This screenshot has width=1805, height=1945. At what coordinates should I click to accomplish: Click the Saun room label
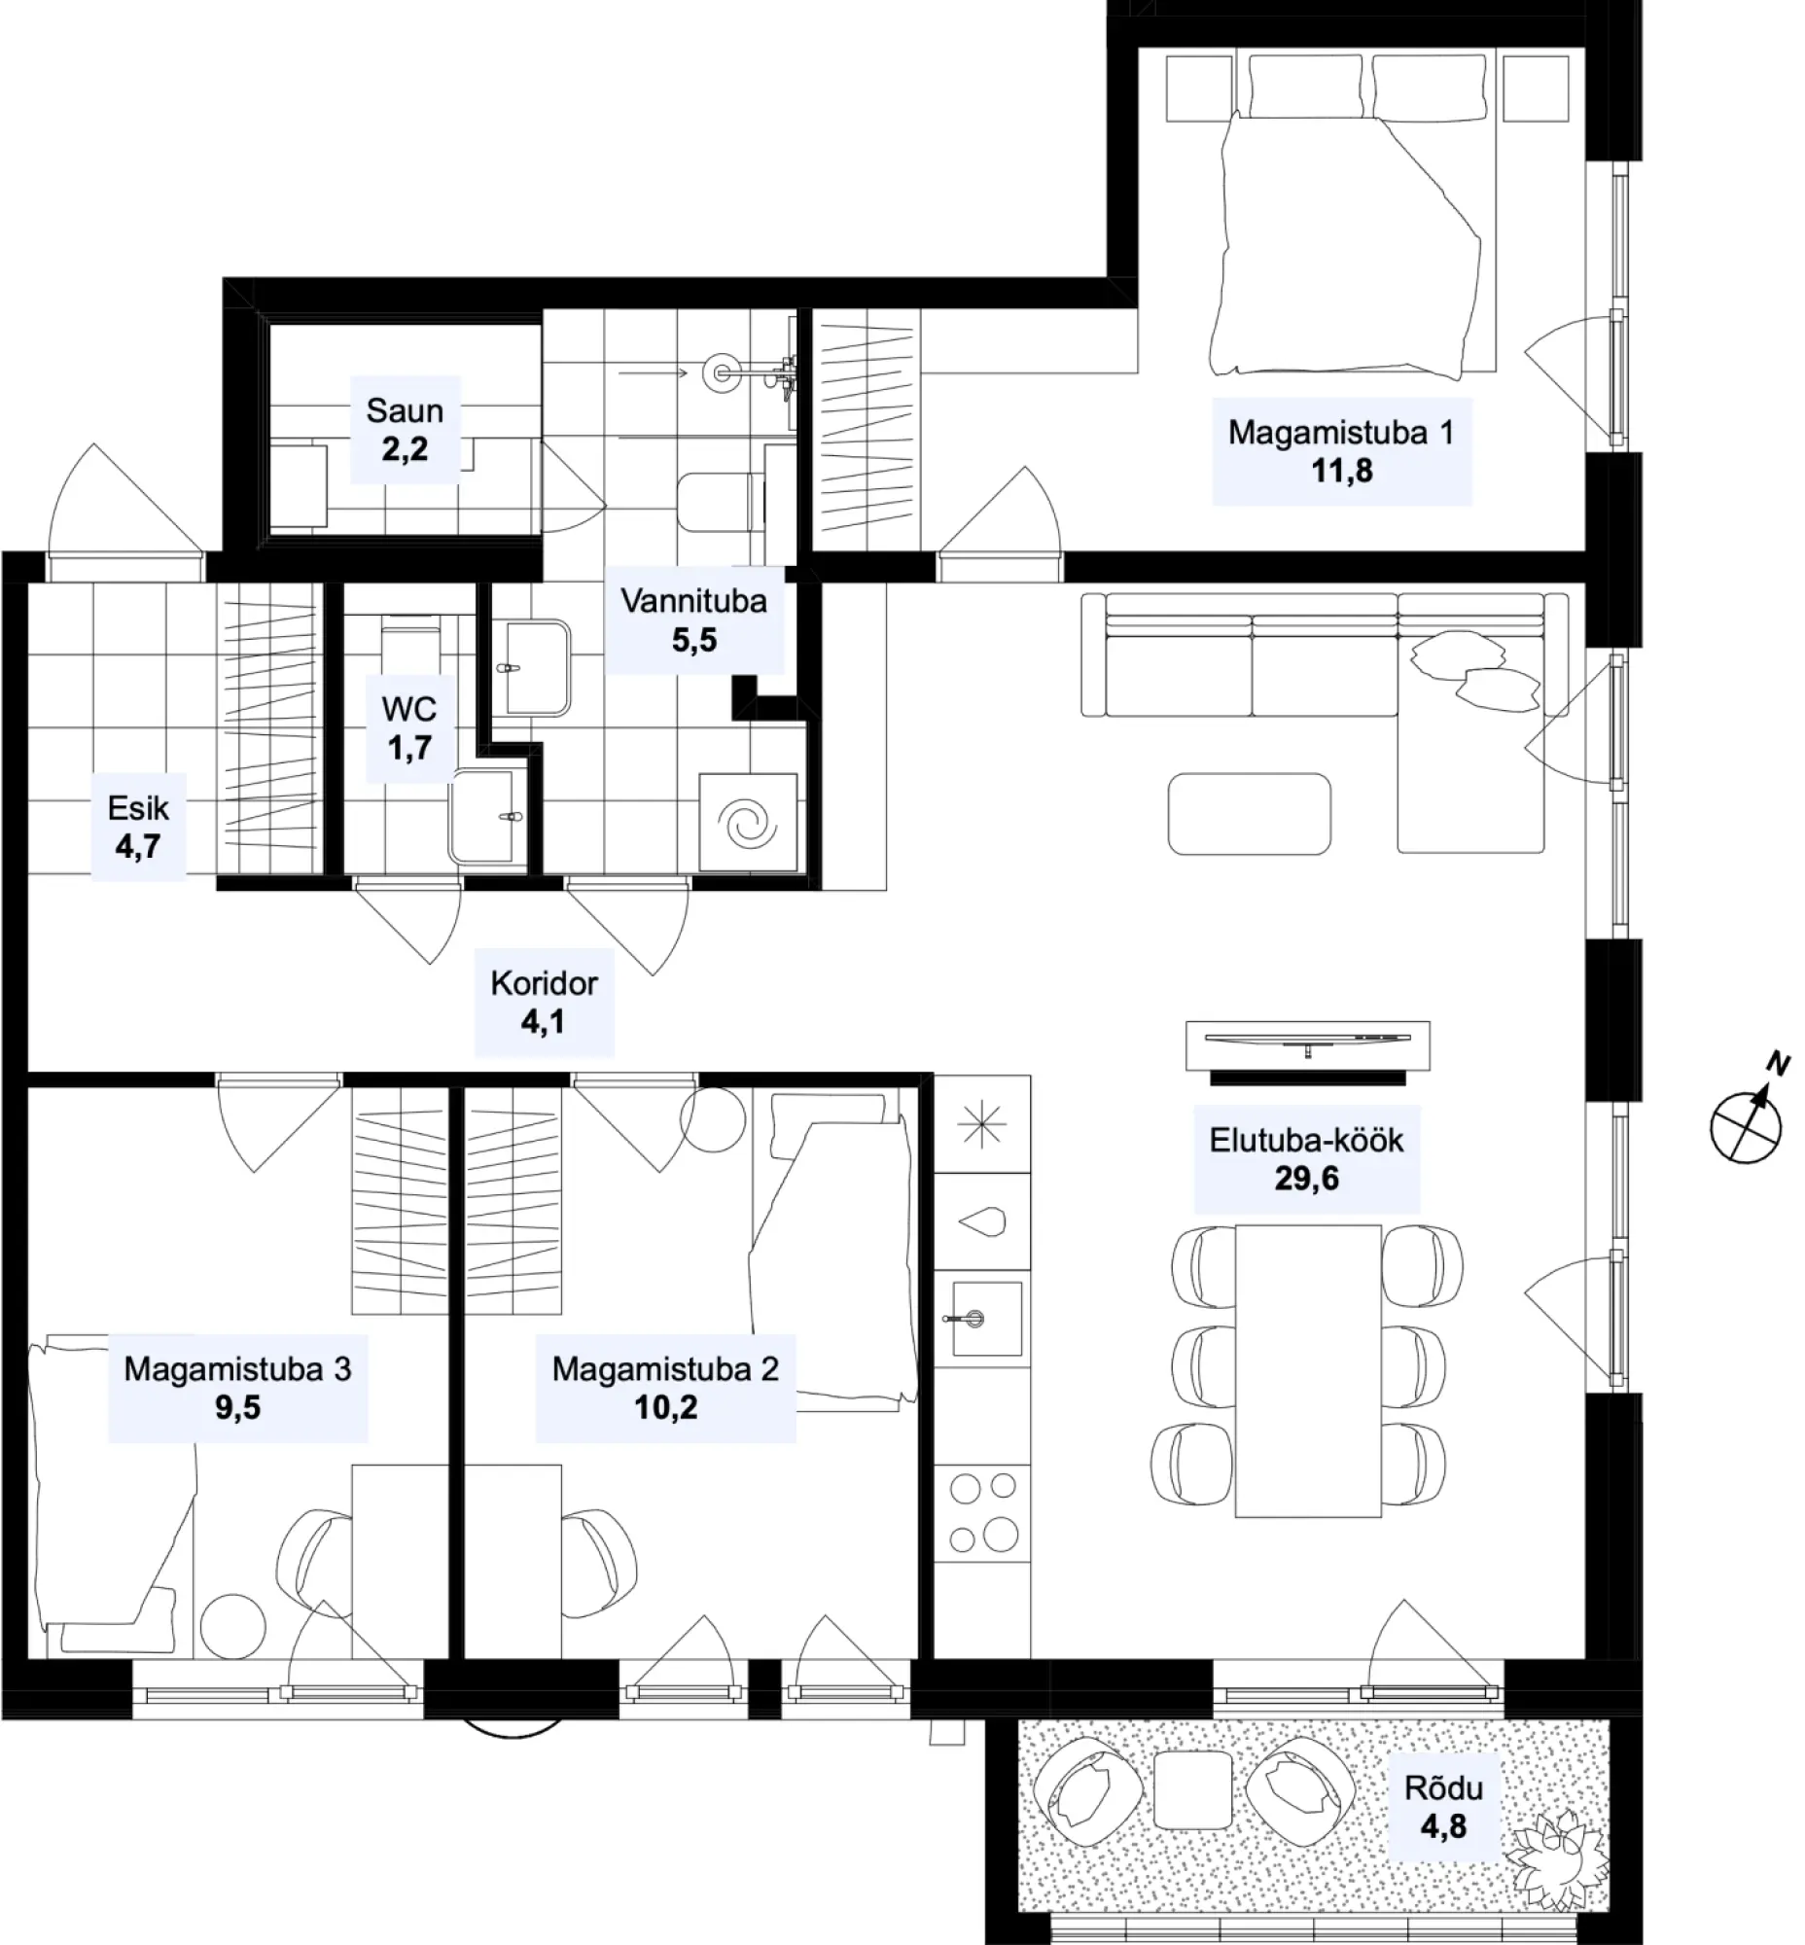coord(405,411)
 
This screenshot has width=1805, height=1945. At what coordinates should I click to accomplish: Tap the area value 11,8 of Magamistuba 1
coord(1342,471)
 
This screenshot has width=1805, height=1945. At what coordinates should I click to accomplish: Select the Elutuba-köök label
coord(1306,1140)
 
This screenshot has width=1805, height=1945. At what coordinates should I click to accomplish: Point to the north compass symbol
coord(1748,1117)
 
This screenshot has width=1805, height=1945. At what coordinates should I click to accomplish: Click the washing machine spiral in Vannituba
coord(748,823)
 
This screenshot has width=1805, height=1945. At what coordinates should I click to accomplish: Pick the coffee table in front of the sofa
coord(1250,814)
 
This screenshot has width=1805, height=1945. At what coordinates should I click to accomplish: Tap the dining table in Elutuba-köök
coord(1308,1370)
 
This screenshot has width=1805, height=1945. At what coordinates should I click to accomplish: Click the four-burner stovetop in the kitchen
coord(982,1513)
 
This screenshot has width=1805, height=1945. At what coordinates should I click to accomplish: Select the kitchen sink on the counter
coord(984,1320)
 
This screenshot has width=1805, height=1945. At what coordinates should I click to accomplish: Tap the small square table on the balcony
coord(1192,1789)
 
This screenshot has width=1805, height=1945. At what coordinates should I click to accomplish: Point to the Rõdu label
coord(1443,1786)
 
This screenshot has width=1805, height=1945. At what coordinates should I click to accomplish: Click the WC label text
coord(409,708)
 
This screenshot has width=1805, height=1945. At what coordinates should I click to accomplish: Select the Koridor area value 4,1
coord(542,1022)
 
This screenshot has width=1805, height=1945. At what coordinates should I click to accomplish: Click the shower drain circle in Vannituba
coord(722,372)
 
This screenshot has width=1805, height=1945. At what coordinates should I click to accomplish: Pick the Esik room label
coord(138,808)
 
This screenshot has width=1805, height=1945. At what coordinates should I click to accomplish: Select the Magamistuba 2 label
coord(665,1369)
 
